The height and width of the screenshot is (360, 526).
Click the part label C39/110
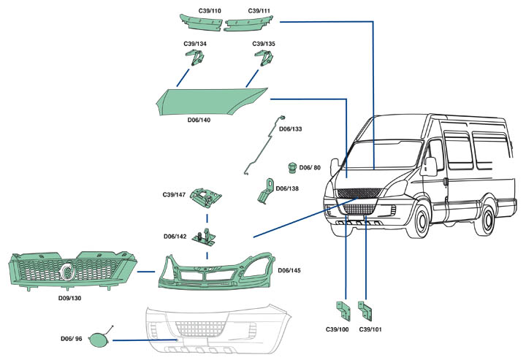click(x=210, y=11)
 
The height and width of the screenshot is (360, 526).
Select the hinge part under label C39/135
click(x=263, y=58)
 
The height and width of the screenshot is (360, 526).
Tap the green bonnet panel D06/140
click(x=212, y=102)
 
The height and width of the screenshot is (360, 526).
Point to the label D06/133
click(x=291, y=129)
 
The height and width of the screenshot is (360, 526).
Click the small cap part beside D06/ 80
click(x=292, y=168)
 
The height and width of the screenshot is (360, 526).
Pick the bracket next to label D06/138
click(x=267, y=191)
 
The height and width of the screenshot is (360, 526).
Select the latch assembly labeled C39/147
click(x=205, y=196)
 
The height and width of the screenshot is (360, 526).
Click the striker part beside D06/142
click(x=204, y=237)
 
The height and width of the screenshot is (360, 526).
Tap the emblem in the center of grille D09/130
click(x=68, y=270)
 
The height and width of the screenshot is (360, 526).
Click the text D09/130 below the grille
click(x=70, y=298)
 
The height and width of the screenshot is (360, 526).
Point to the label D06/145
click(x=289, y=270)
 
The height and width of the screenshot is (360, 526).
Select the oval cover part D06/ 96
click(x=99, y=340)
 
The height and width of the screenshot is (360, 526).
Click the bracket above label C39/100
click(x=343, y=311)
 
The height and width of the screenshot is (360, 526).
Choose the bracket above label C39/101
click(x=365, y=311)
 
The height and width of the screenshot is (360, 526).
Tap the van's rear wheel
click(x=488, y=220)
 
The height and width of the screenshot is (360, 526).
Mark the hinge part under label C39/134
click(x=195, y=58)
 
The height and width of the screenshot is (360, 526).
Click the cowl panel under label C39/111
click(x=248, y=23)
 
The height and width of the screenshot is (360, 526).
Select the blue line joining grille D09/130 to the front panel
click(x=146, y=272)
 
